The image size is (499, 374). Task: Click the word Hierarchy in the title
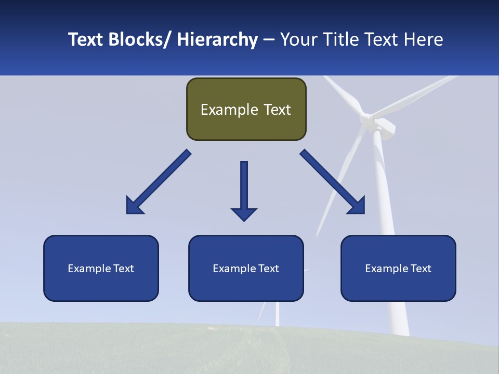click(217, 39)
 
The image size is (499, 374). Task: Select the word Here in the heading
click(423, 39)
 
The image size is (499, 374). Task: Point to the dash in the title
click(269, 40)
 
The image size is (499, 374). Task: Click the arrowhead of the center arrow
click(244, 213)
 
